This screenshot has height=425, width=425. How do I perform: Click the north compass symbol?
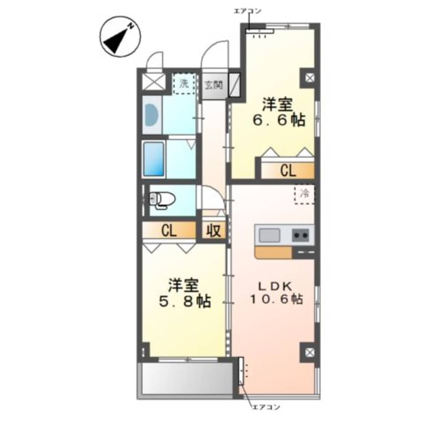coord(120,36)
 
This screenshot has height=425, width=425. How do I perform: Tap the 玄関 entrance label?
coord(214,85)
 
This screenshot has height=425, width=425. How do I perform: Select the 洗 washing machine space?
coord(184,84)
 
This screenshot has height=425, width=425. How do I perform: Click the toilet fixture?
coord(162,200)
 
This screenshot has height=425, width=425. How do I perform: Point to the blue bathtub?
coord(154,159)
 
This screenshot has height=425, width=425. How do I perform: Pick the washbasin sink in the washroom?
coord(152,115)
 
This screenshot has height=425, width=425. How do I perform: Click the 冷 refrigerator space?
coord(304,194)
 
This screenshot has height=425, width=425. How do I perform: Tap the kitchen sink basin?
coord(269,235)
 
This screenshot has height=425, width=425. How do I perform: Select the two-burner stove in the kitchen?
coord(300,235)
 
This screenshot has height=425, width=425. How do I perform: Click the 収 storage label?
coord(214,231)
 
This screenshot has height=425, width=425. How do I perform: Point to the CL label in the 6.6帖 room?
coord(288,171)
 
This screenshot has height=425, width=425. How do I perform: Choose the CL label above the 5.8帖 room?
coord(169,231)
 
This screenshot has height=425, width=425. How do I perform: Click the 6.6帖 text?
coord(279,120)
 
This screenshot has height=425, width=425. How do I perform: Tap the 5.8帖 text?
coord(184,301)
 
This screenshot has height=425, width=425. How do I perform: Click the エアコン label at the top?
coord(248,11)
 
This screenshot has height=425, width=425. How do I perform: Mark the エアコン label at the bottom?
coord(266,407)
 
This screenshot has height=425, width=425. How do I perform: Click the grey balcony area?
coord(187,378)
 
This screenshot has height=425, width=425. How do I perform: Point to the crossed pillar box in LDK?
coord(309,352)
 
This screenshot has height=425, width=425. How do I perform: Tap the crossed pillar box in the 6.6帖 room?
coord(309,78)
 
